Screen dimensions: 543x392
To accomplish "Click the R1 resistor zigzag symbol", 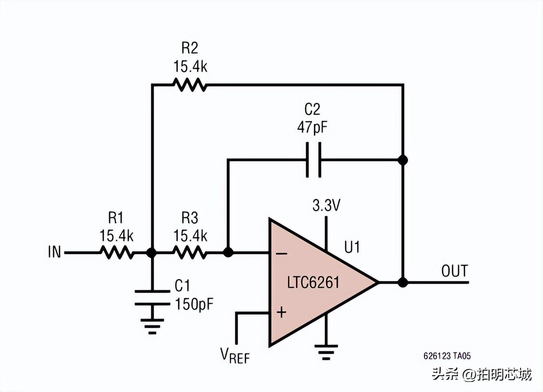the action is pos(117,252).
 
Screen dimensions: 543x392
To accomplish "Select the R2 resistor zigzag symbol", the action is pos(190,85).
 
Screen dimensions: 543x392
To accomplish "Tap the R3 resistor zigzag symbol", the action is pos(190,252).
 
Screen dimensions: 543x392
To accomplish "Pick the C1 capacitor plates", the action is pos(152,298).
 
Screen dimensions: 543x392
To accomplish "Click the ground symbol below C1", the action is pos(152,326).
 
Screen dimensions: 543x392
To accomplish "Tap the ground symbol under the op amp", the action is pos(326,352).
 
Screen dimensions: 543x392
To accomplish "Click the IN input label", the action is pos(54,252).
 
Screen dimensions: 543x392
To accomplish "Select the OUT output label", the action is pos(454,271).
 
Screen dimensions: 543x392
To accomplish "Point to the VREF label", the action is pos(235,356).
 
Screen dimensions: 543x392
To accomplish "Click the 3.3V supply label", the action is pos(326,205).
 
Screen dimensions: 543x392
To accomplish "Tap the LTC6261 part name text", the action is pos(313,283).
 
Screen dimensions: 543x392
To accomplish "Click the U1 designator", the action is pos(352,247).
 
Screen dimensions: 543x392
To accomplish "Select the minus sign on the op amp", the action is pos(282,254).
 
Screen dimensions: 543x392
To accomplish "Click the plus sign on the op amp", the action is pos(282,312).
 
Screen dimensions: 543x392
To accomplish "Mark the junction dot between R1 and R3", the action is pos(152,253).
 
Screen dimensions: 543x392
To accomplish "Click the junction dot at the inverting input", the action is pos(228,252).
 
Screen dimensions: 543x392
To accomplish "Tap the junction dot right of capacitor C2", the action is pos(403,160).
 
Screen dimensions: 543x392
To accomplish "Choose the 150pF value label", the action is pos(194,304).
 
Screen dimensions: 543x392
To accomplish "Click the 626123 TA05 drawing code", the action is pos(447,356).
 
